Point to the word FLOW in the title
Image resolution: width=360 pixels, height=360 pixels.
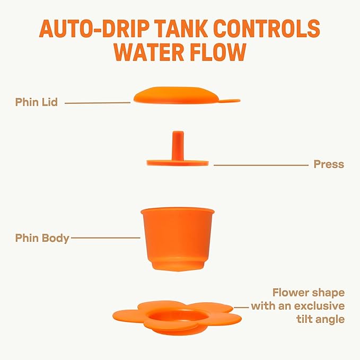click(223, 52)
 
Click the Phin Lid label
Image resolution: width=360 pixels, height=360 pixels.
click(37, 102)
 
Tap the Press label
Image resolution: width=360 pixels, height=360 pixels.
click(329, 164)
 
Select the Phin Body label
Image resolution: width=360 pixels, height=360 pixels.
click(42, 238)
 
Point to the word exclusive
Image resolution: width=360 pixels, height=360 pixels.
click(318, 306)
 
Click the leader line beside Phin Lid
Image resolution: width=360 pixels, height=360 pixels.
click(98, 102)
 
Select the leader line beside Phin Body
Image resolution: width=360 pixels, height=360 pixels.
click(106, 238)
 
